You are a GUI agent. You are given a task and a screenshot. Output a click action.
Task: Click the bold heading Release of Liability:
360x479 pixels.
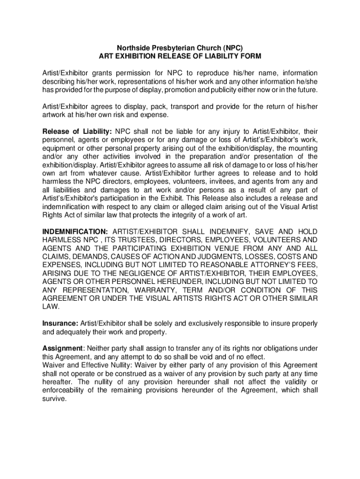pos(77,131)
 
